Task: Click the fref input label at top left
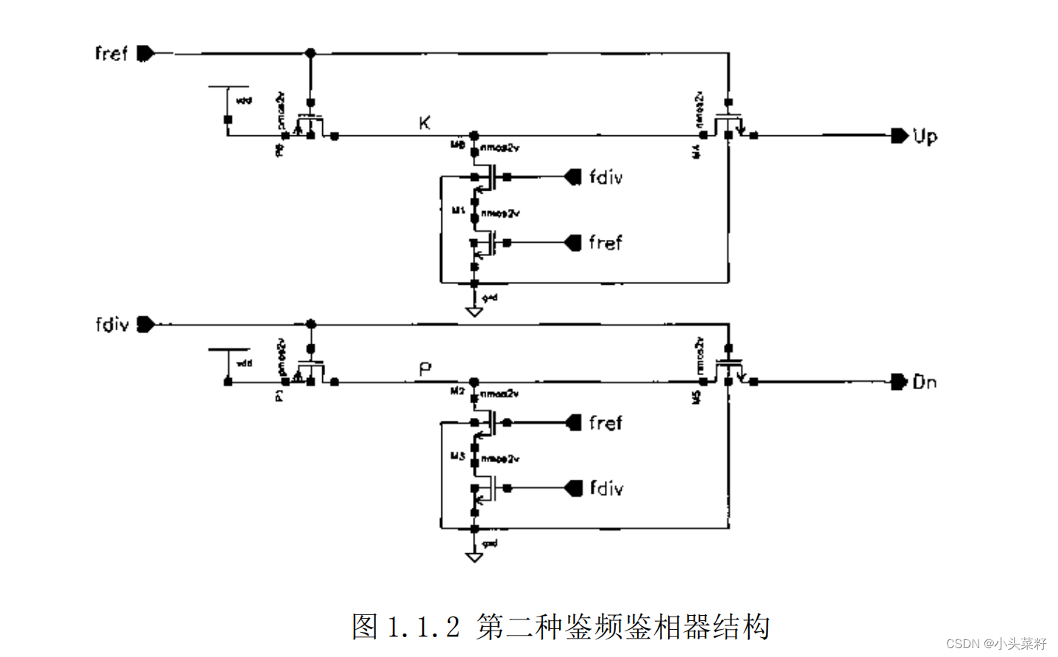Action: [x=111, y=54]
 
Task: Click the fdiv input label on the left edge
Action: [x=112, y=324]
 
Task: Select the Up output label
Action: [x=925, y=137]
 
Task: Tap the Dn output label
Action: [x=924, y=382]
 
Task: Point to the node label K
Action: [x=425, y=123]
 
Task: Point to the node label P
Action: [x=425, y=369]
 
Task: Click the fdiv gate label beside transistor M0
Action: [x=606, y=177]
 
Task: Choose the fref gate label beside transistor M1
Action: [x=605, y=243]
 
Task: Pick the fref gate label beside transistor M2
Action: [x=605, y=423]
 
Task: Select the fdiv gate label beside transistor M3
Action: [x=606, y=489]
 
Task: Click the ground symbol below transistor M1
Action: [x=475, y=311]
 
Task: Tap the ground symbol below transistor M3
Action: [x=475, y=557]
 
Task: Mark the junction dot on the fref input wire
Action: [x=310, y=53]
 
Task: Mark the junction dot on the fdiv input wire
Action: [x=310, y=324]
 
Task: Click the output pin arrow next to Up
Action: [x=898, y=135]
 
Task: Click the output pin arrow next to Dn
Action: [x=898, y=381]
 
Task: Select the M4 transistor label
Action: [x=696, y=152]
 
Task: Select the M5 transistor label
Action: [x=696, y=397]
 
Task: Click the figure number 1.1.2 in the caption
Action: [x=423, y=627]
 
